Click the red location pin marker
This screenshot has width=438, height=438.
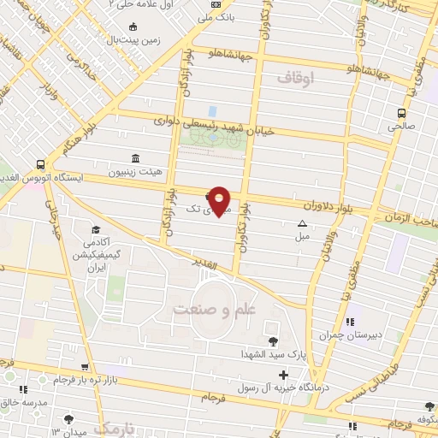tap(220, 200)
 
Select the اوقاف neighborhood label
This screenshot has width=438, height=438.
tap(296, 78)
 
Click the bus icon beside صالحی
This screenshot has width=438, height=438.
tap(400, 113)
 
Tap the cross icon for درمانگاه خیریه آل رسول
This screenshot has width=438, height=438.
tap(283, 375)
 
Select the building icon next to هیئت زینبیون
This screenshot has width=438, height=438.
tap(135, 158)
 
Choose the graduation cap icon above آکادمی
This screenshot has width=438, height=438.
tap(95, 229)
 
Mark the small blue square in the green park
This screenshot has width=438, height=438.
tap(212, 112)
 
